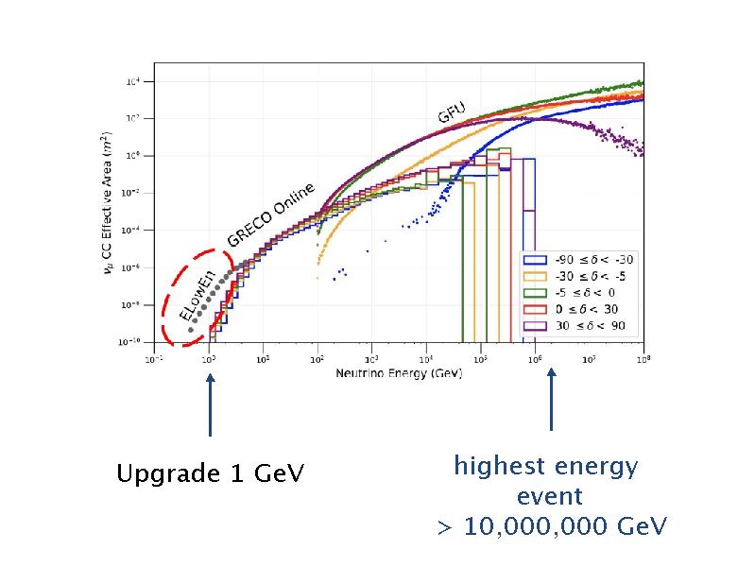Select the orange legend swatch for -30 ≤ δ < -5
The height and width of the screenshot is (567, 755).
pyautogui.click(x=537, y=277)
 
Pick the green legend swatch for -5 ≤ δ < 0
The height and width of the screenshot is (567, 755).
pyautogui.click(x=537, y=293)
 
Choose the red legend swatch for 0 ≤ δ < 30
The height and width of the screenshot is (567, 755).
pyautogui.click(x=537, y=309)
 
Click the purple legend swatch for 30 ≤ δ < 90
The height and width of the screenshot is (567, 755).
pyautogui.click(x=537, y=326)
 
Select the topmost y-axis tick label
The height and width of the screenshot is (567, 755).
pyautogui.click(x=135, y=82)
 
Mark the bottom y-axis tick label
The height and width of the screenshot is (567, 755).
pyautogui.click(x=133, y=342)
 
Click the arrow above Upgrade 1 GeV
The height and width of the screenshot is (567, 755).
pyautogui.click(x=210, y=405)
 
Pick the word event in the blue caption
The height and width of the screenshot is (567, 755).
pyautogui.click(x=550, y=496)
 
